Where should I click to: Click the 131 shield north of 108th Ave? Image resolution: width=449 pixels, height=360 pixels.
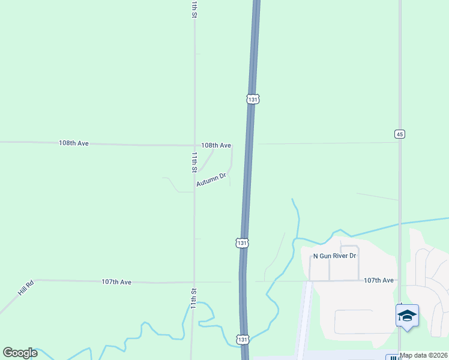[253, 99]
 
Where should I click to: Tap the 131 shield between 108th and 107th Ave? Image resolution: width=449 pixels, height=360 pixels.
[241, 243]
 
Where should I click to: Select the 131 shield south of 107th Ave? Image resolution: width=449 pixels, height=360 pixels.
[241, 339]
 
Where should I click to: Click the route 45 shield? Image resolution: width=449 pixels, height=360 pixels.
[399, 134]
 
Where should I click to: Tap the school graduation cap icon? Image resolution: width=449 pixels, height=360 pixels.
[407, 316]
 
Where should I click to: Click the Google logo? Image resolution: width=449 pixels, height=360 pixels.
[20, 353]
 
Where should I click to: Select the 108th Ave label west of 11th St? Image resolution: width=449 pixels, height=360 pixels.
[74, 143]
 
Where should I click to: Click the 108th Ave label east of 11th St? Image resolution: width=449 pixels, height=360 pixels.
[216, 145]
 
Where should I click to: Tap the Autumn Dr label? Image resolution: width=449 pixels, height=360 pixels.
[211, 179]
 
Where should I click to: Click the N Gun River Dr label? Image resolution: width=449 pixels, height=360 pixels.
[335, 256]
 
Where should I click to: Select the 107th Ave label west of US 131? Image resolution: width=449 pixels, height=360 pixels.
[116, 281]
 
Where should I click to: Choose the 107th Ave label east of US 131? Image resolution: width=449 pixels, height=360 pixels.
[379, 280]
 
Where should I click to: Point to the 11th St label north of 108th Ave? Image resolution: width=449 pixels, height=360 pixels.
[194, 9]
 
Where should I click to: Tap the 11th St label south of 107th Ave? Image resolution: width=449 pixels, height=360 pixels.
[194, 299]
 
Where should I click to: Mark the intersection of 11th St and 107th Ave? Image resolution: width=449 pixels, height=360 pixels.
[193, 282]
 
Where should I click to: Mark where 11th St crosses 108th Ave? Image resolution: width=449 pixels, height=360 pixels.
[194, 145]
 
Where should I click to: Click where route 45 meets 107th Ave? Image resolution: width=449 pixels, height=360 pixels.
[400, 280]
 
